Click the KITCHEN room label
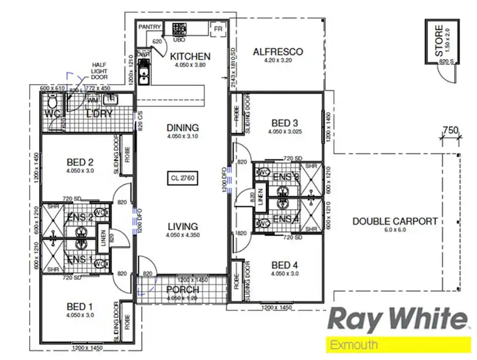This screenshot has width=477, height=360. [190, 57]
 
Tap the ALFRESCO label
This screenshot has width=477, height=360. [277, 52]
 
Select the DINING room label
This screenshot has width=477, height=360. [183, 127]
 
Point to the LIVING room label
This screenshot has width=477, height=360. [183, 226]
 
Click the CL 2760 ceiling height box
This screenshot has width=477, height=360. [183, 178]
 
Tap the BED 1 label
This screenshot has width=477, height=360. [79, 307]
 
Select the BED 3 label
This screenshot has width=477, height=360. [284, 123]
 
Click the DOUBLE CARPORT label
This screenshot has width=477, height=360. [395, 221]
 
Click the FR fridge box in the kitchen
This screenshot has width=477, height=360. [218, 29]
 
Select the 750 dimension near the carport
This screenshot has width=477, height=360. [450, 131]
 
